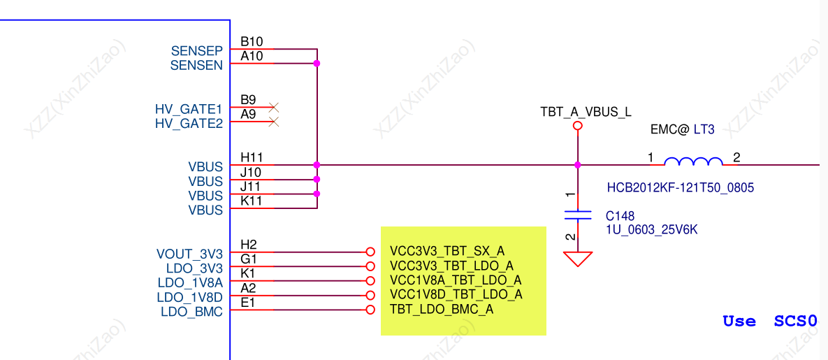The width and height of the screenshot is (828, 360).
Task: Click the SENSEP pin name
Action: click(197, 51)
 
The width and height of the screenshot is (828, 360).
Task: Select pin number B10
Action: click(252, 42)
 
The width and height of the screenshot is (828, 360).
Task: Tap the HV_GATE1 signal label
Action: click(189, 110)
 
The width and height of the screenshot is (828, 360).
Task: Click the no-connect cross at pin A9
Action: click(273, 122)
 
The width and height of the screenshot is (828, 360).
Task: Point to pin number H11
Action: click(252, 157)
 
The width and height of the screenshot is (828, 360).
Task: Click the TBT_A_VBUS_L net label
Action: click(586, 112)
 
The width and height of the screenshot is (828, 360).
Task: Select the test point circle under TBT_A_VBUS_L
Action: click(578, 126)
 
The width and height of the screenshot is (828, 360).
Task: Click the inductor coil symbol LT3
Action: click(693, 161)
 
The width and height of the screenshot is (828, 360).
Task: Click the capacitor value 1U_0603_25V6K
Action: click(653, 230)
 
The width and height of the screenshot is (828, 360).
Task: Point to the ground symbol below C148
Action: click(578, 259)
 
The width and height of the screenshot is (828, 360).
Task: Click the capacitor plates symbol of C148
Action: click(578, 215)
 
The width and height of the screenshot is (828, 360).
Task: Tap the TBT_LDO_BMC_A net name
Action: click(442, 309)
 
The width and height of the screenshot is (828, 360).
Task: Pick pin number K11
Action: click(252, 201)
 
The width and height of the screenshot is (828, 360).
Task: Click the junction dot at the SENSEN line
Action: click(317, 64)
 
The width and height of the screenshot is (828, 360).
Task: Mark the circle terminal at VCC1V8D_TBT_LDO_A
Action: click(370, 295)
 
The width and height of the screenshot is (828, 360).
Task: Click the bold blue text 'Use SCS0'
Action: click(770, 321)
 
